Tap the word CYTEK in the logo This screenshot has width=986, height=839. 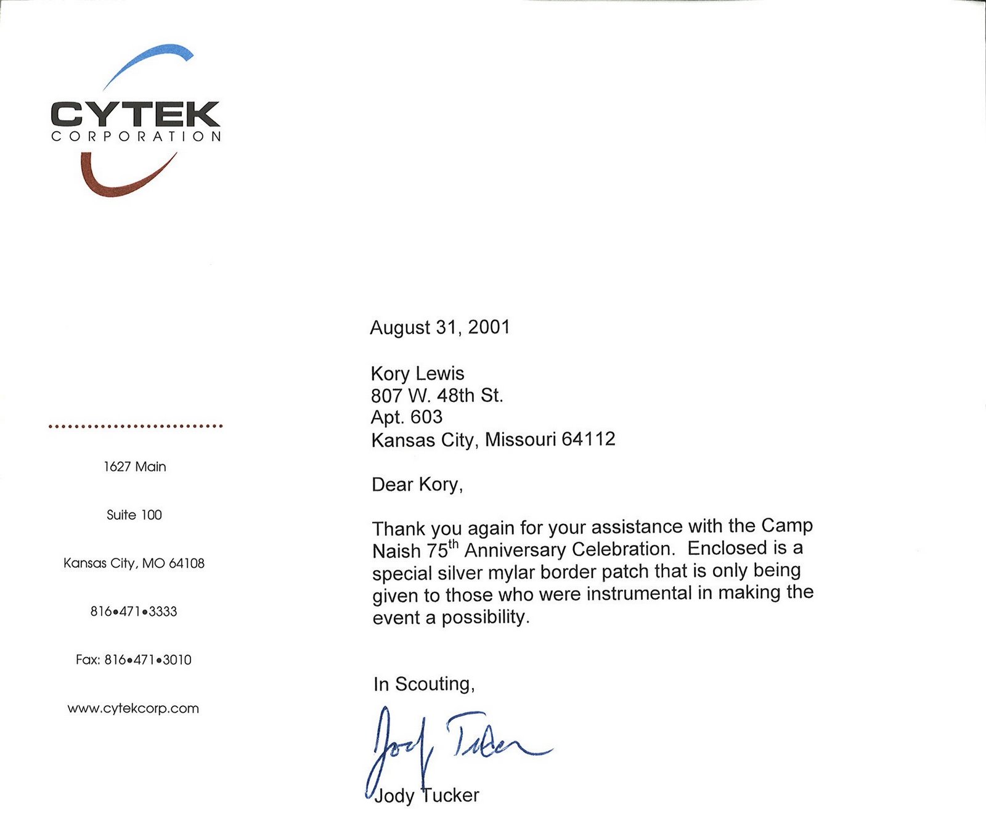135,115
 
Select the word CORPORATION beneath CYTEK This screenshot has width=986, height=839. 136,137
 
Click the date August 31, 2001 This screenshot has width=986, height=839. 440,327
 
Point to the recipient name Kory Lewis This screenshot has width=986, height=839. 417,374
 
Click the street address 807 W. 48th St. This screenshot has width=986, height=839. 437,395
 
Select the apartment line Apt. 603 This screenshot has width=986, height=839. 407,417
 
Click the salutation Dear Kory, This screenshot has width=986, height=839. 417,485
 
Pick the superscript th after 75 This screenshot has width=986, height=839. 454,543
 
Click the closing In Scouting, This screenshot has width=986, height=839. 424,684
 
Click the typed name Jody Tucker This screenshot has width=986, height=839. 426,796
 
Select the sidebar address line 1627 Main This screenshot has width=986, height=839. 135,467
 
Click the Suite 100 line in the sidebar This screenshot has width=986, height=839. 134,515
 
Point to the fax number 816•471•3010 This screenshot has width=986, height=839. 148,660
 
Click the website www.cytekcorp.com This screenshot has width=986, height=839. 133,708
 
